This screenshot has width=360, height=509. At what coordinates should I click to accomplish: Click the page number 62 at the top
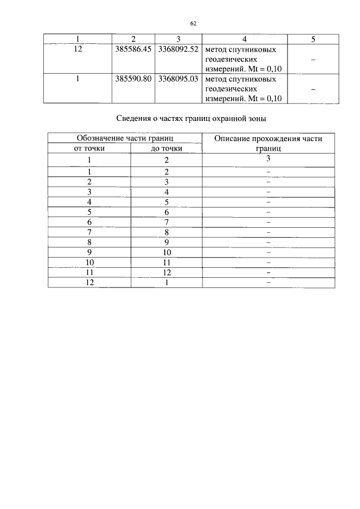click(x=193, y=23)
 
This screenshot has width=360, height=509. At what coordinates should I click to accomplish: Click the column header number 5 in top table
click(x=313, y=38)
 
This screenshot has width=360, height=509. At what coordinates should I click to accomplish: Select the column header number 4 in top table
click(x=244, y=38)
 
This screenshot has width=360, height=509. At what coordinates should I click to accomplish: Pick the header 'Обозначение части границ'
click(x=124, y=138)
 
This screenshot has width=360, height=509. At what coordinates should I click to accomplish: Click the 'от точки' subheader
click(x=89, y=148)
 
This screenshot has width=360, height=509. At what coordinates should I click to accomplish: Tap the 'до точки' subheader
click(x=166, y=148)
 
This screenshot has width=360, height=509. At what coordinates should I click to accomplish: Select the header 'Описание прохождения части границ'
click(x=268, y=143)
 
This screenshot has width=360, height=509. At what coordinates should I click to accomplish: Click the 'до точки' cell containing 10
click(x=166, y=252)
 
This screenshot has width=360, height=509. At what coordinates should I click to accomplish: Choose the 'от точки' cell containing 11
click(x=89, y=272)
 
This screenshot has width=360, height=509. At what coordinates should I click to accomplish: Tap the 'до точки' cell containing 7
click(x=166, y=222)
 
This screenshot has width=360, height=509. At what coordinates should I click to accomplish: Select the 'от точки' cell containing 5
click(x=89, y=211)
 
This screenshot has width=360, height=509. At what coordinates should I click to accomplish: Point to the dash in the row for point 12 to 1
click(x=269, y=283)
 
